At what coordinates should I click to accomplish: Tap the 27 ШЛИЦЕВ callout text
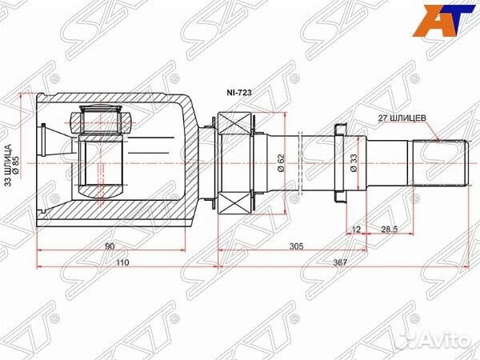point(404,116)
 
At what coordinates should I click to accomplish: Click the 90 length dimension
point(109,247)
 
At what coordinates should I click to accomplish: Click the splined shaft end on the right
point(439,163)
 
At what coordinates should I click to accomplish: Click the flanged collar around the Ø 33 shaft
point(339,162)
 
